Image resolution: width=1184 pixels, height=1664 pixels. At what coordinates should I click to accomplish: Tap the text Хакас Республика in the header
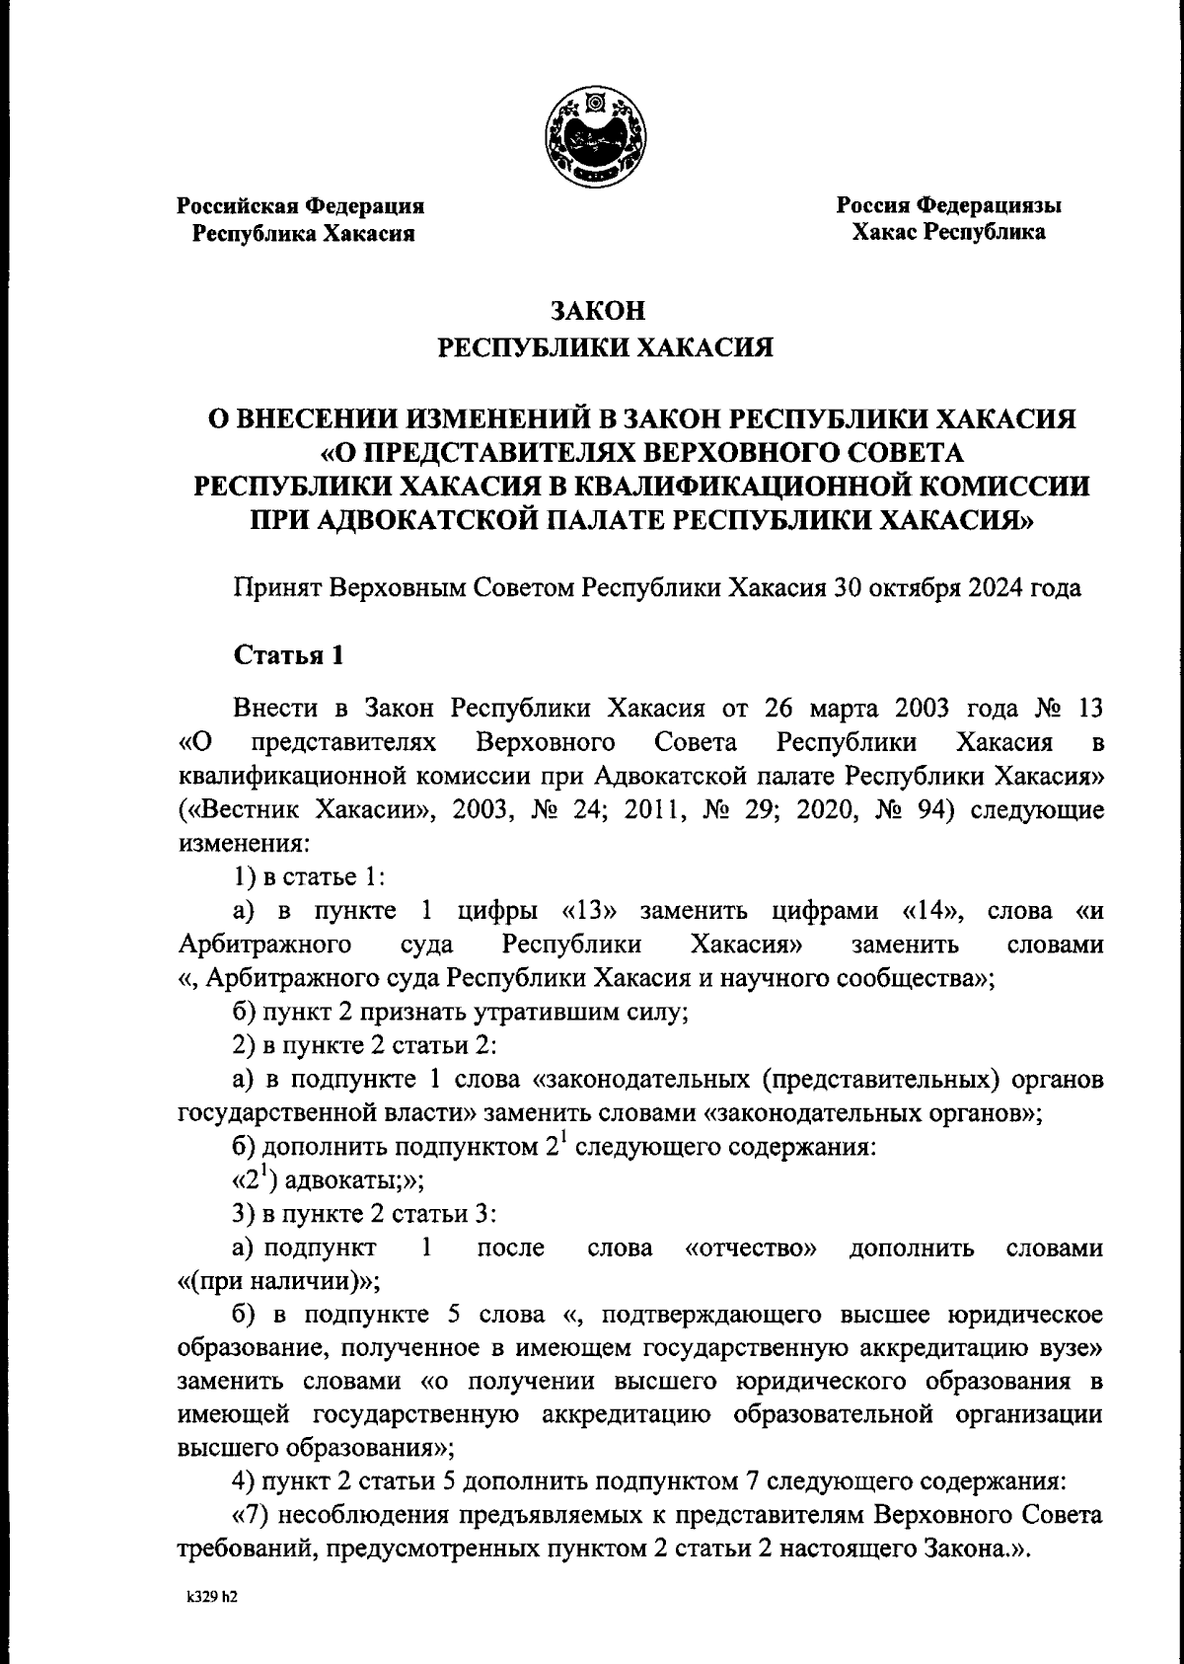pos(949,233)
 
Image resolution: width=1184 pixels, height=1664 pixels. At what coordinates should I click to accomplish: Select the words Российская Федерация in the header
pos(301,206)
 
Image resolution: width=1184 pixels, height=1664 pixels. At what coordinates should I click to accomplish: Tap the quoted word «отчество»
pos(751,1248)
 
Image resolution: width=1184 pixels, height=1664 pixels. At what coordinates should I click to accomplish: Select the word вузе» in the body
pos(1066,1349)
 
